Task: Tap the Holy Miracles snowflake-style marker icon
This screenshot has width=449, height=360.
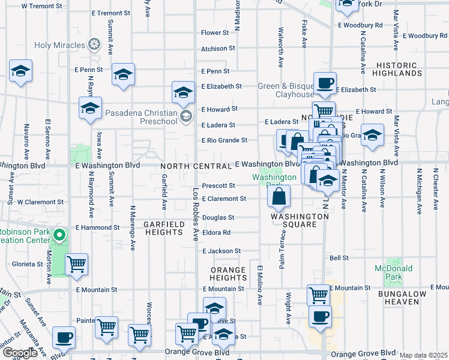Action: [94, 44]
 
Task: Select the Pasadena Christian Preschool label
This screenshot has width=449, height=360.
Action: [141, 117]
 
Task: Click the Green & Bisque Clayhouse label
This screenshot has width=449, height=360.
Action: [286, 90]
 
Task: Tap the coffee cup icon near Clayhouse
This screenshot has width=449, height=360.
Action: [325, 83]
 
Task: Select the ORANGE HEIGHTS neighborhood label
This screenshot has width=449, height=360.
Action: [228, 274]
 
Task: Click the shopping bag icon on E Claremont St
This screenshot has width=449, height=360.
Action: [279, 196]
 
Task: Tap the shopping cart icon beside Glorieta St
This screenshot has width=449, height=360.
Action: [76, 264]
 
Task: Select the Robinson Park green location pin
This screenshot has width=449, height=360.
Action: [59, 234]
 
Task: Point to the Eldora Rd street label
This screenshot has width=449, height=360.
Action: [216, 233]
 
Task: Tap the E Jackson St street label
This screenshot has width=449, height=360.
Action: [221, 251]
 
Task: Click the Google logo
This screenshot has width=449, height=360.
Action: [20, 353]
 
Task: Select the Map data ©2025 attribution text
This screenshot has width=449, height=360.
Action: [423, 356]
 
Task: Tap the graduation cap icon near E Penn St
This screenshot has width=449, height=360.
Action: [123, 75]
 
